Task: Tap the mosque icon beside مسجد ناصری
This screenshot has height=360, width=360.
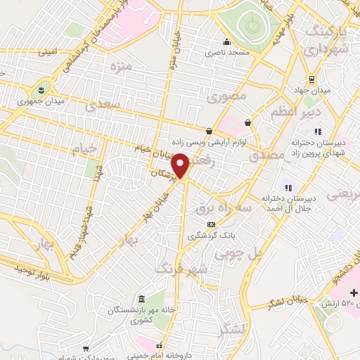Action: point(226,41)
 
